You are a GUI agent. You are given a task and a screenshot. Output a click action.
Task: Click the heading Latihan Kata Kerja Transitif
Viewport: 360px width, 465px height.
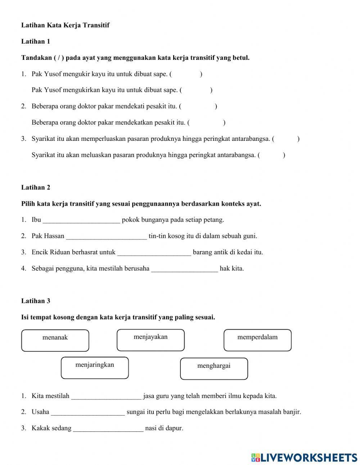[65, 25]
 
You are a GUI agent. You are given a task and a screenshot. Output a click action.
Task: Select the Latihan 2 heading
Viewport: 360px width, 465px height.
[36, 187]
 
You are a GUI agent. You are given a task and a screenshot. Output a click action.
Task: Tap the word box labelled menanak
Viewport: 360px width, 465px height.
[55, 340]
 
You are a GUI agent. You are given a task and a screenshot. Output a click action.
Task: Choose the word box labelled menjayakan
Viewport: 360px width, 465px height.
[150, 340]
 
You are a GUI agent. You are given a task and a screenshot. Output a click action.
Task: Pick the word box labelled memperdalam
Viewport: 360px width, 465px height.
[257, 340]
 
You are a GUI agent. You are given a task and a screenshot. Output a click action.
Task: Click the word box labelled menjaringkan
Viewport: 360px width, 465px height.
[95, 368]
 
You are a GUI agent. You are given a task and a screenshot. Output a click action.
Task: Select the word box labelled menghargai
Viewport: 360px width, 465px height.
[214, 368]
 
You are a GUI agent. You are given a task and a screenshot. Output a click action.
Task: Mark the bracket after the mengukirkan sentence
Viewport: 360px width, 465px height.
[196, 90]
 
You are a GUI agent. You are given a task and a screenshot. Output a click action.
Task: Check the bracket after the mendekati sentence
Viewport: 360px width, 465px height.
[198, 106]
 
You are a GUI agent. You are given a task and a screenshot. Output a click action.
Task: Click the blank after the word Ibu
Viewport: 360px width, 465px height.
[81, 220]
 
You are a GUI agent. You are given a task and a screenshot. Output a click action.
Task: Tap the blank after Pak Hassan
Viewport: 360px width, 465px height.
[107, 236]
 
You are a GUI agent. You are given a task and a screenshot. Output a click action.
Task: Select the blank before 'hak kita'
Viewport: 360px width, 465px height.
[184, 269]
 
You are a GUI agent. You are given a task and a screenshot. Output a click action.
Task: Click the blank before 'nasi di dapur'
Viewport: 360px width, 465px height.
[108, 429]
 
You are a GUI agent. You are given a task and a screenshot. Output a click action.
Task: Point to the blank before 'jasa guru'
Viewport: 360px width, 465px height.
[106, 396]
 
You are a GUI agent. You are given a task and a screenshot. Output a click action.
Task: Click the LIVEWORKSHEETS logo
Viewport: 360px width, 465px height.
[304, 457]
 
